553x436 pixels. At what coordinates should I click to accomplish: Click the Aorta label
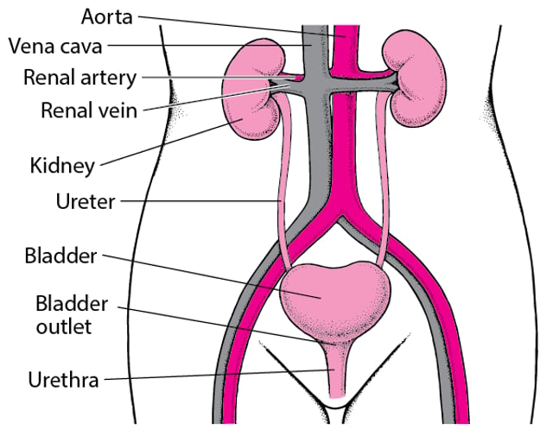(x=107, y=16)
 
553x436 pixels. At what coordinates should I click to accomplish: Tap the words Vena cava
(x=55, y=46)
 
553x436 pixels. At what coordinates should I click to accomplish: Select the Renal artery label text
(x=79, y=78)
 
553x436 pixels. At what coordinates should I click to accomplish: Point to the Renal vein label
(x=89, y=110)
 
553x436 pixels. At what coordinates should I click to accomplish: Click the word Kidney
(x=62, y=166)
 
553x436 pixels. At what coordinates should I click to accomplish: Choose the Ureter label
(x=86, y=202)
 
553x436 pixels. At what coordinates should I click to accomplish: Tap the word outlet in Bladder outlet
(x=64, y=326)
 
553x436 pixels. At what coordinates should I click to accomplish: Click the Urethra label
(x=63, y=380)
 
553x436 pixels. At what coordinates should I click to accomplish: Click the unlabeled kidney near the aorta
(x=415, y=79)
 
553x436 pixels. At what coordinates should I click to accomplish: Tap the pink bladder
(x=335, y=300)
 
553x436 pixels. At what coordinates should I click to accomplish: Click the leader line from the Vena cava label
(x=209, y=45)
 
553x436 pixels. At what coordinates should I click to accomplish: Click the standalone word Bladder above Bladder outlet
(x=60, y=256)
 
